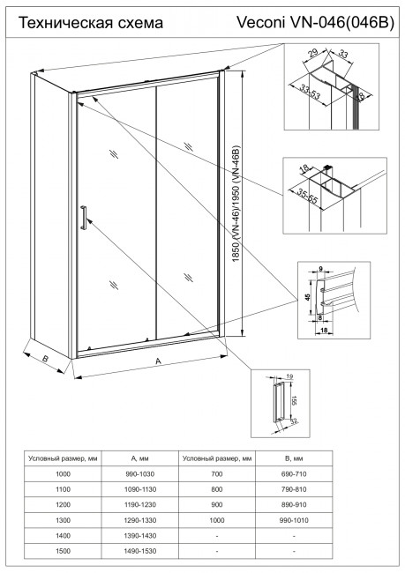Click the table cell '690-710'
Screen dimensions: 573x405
(292, 473)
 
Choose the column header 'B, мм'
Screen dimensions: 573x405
(292, 458)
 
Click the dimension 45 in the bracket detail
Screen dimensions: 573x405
(307, 296)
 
